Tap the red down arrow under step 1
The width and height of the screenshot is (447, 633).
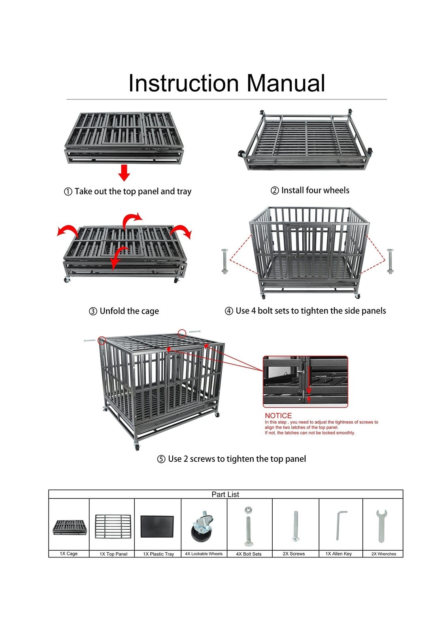[124, 172]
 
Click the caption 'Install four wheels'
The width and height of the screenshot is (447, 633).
[315, 190]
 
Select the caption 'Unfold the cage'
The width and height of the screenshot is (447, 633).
[129, 311]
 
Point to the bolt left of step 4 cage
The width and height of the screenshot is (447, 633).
[224, 262]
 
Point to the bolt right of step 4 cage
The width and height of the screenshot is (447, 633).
[390, 262]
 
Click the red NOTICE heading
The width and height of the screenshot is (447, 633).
[278, 415]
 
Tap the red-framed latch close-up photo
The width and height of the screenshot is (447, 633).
[306, 381]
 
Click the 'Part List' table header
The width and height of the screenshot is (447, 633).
[225, 494]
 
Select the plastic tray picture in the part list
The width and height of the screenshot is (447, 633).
[157, 526]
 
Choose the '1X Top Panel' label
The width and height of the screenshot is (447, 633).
[113, 554]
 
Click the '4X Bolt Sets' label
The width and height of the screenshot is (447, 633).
[249, 554]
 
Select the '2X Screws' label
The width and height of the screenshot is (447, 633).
[294, 554]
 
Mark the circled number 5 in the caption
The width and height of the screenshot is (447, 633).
[161, 459]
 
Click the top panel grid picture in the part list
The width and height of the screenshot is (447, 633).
[113, 526]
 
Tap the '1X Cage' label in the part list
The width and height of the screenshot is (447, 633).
[69, 554]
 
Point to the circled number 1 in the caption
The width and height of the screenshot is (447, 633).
[68, 192]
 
